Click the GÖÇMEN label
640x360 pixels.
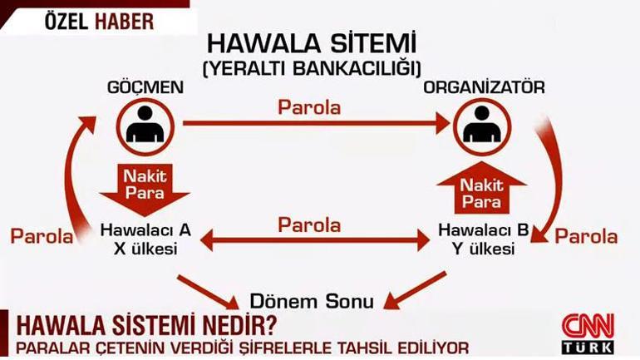point(145,87)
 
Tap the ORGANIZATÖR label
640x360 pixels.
point(484,87)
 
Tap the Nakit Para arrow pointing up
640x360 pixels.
point(481,188)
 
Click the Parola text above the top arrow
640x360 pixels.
point(309,107)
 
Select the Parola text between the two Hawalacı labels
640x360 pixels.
point(309,225)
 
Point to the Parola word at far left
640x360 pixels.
point(42,236)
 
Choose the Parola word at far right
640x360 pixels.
point(586,236)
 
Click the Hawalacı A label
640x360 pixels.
point(145,229)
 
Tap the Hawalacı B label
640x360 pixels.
point(484,229)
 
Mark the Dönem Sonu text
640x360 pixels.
point(312,302)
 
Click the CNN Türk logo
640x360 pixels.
point(588,333)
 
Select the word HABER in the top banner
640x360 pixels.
point(125,22)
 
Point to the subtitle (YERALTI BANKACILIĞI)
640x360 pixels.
point(312,68)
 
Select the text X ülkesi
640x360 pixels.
point(145,249)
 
